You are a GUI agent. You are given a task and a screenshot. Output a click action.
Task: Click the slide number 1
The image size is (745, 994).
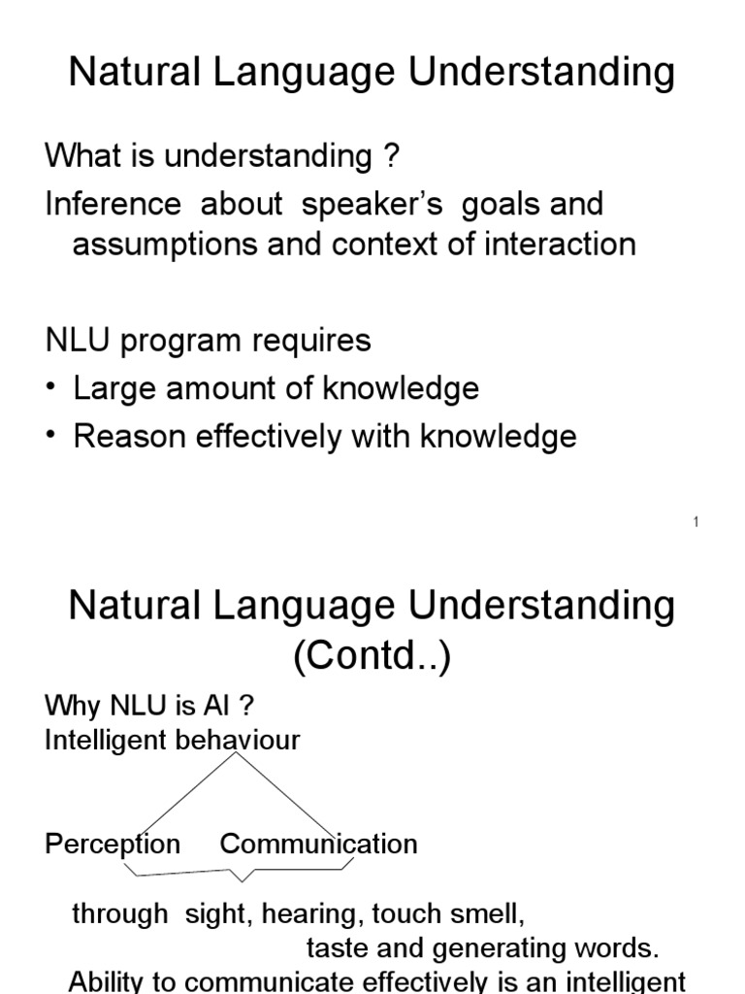coord(696,523)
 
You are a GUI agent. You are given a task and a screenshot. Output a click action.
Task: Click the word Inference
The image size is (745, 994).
coord(113,204)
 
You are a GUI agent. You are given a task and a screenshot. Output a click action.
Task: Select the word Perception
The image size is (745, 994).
coord(113,844)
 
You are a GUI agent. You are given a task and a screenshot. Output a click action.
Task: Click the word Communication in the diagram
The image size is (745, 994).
coord(318,844)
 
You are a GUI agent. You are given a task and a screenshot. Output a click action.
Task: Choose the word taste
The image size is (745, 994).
coord(335,947)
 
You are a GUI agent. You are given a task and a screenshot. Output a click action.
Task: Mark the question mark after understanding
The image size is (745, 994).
coord(393,155)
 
